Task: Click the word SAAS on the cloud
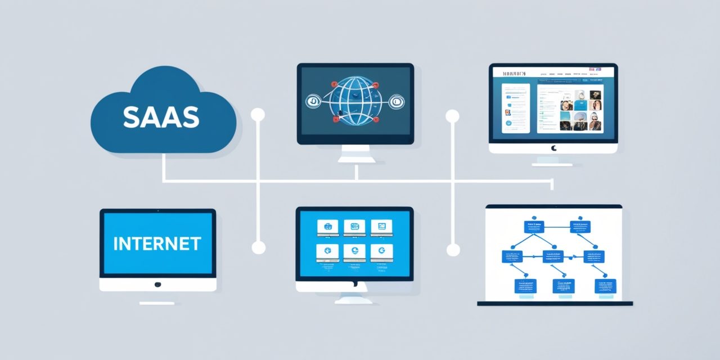point(161,116)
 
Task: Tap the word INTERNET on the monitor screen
point(157,244)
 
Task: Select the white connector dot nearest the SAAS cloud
point(258,115)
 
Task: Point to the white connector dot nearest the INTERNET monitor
point(258,247)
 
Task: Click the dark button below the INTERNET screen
point(157,285)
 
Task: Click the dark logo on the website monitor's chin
point(553,148)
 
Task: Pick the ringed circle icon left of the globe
point(313,101)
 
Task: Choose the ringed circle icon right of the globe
point(396,101)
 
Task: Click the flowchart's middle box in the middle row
point(552,257)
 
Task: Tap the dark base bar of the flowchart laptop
point(555,304)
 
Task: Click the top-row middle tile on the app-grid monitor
point(355,227)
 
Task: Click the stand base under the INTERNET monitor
point(157,303)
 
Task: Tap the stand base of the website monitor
point(552,164)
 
